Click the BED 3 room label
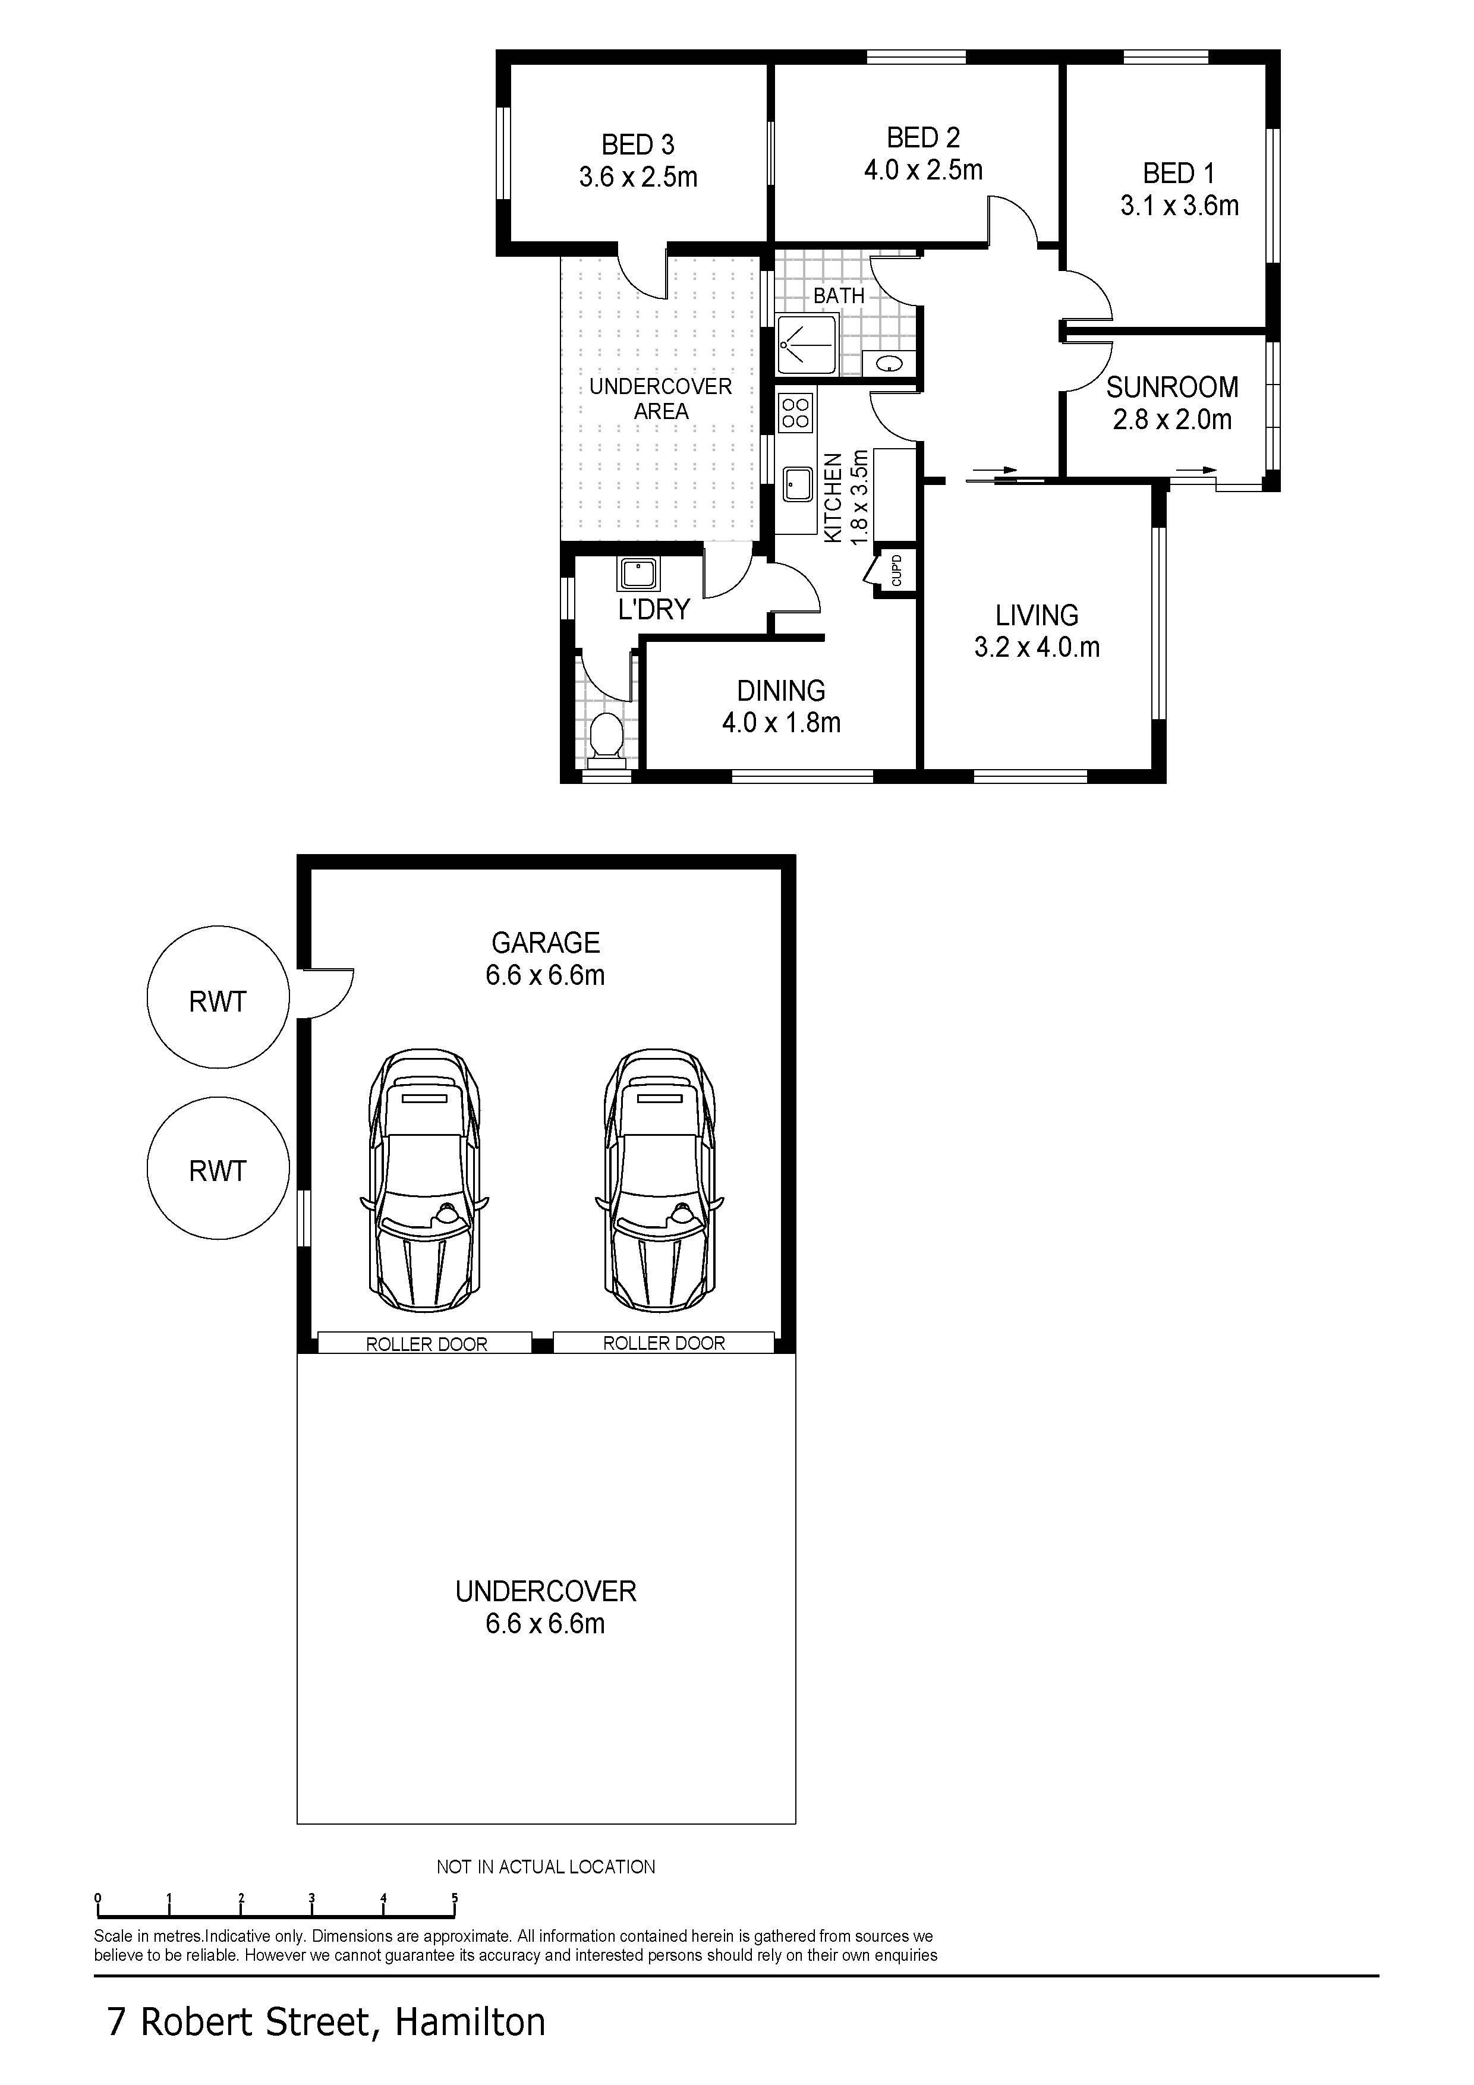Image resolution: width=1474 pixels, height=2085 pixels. (x=638, y=144)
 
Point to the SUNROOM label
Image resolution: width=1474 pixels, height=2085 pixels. (x=1171, y=387)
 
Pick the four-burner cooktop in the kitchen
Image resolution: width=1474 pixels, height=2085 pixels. (x=796, y=413)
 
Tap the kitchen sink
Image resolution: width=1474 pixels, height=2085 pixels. (x=798, y=483)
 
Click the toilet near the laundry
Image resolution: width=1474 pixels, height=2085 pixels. (x=606, y=736)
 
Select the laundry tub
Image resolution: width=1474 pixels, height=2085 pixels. (x=638, y=574)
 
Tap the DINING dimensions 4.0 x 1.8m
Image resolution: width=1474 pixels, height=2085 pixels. (x=781, y=723)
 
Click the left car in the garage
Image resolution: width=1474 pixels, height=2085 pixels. (x=424, y=1180)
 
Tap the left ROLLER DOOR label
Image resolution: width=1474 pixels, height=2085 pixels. (x=426, y=1344)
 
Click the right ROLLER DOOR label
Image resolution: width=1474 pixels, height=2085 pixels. (x=664, y=1343)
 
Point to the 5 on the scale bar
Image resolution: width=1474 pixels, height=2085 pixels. (x=454, y=1898)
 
